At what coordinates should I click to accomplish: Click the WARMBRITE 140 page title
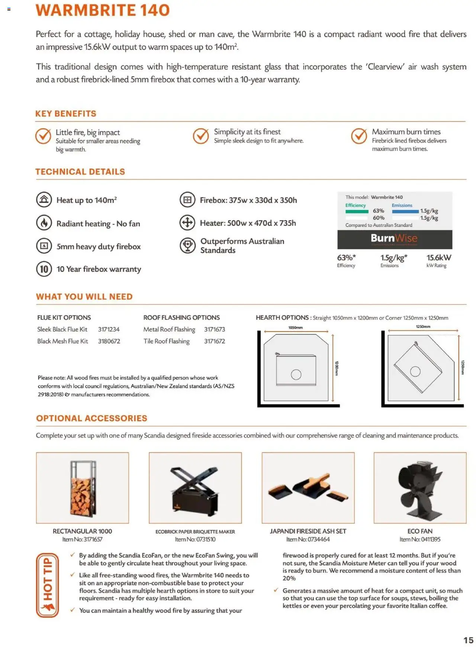(x=103, y=10)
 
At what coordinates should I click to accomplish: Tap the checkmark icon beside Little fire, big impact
(x=43, y=136)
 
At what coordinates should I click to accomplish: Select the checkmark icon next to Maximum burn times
(x=359, y=136)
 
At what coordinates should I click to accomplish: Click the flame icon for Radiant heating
(x=44, y=223)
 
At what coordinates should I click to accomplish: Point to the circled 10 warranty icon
(x=44, y=269)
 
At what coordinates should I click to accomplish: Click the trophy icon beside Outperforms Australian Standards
(x=187, y=246)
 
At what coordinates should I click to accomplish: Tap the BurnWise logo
(x=394, y=239)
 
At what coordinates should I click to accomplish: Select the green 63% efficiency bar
(x=357, y=211)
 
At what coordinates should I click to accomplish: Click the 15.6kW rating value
(x=438, y=258)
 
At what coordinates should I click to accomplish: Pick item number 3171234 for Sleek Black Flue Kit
(x=109, y=330)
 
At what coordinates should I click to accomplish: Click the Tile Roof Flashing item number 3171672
(x=214, y=341)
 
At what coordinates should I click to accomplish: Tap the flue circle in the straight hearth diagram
(x=296, y=375)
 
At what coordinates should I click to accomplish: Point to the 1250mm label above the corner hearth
(x=423, y=327)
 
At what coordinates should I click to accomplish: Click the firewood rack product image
(x=83, y=488)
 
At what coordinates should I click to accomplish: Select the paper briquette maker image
(x=195, y=488)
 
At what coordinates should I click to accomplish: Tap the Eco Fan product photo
(x=420, y=488)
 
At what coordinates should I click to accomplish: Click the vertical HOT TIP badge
(x=47, y=585)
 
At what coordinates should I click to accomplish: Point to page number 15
(x=468, y=640)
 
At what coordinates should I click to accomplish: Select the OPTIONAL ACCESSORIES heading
(x=91, y=418)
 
